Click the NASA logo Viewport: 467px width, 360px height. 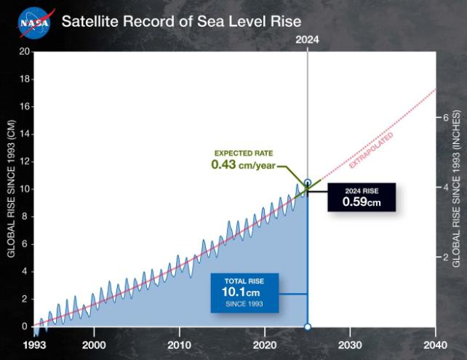pos(34,22)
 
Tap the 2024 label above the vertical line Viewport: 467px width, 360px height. pos(307,41)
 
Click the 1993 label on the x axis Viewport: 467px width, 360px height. pos(33,344)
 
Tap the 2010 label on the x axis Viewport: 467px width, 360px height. pos(178,344)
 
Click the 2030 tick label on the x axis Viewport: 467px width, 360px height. pos(349,344)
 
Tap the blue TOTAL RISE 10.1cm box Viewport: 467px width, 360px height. pos(244,292)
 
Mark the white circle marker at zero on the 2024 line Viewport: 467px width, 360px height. pos(307,327)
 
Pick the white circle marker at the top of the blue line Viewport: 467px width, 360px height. pos(307,183)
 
